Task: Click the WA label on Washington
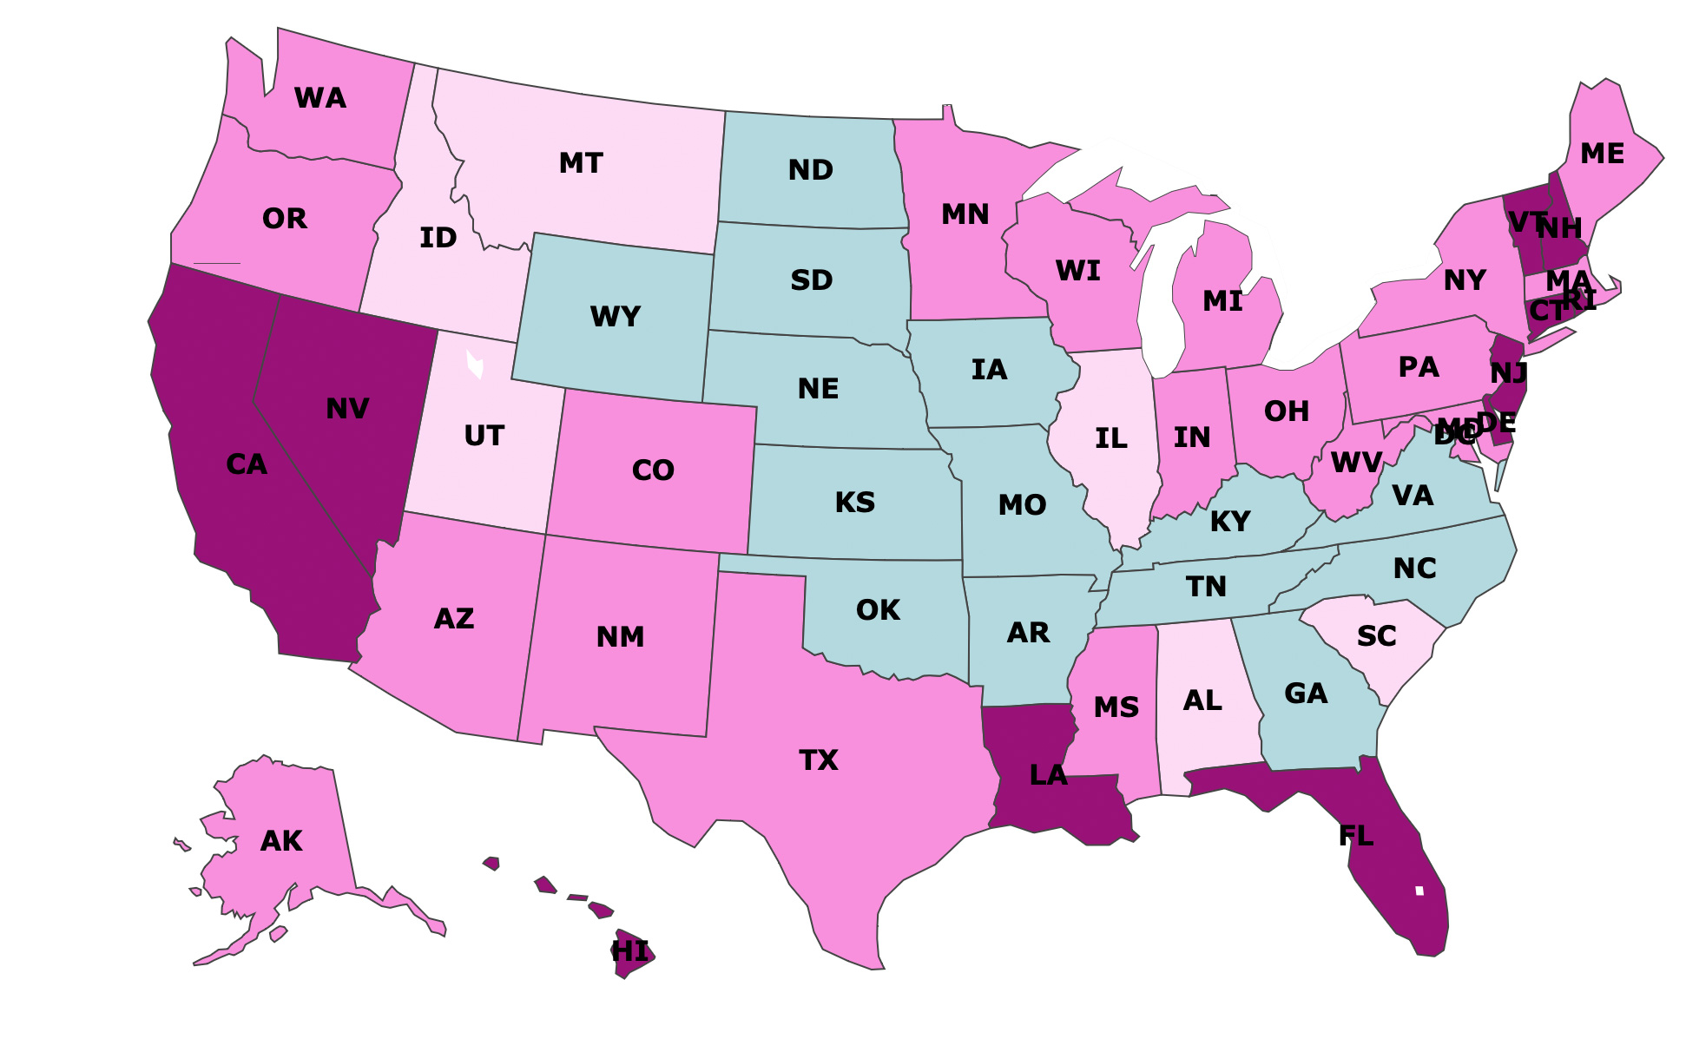tap(320, 98)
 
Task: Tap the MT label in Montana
tap(581, 163)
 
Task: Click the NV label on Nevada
tap(347, 409)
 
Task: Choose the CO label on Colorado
tap(653, 470)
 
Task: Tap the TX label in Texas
tap(818, 760)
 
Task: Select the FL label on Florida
tap(1355, 836)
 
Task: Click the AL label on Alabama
tap(1202, 700)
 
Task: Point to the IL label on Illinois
tap(1110, 438)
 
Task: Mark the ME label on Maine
tap(1602, 154)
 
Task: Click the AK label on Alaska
tap(281, 841)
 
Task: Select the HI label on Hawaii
tap(631, 951)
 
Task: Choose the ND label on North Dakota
tap(810, 170)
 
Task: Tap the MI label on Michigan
tap(1222, 301)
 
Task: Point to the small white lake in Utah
tap(475, 364)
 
